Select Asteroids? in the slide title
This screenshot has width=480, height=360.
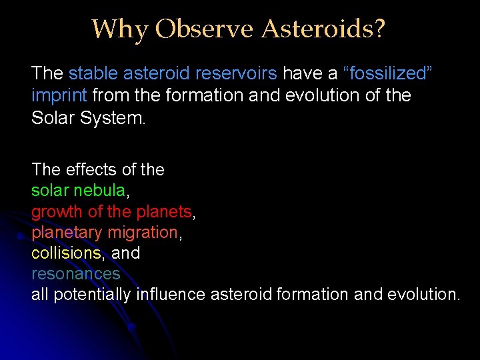[323, 29]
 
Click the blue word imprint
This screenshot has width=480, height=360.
[59, 95]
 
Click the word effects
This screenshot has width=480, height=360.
[93, 170]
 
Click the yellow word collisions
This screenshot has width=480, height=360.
[66, 253]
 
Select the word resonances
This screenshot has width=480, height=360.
[75, 274]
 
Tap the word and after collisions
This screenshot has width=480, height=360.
[125, 253]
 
